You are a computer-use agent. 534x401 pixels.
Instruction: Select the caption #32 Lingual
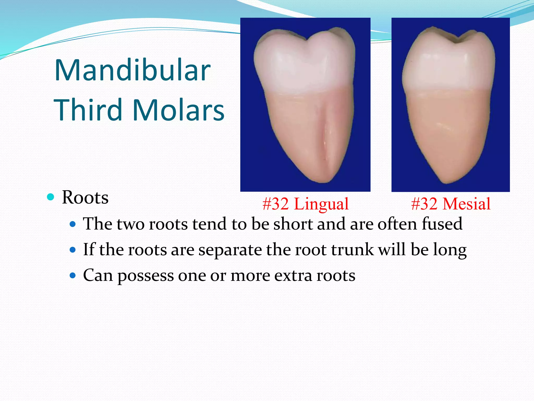306,204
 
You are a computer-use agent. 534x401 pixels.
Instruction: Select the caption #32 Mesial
451,204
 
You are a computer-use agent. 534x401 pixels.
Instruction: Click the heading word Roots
85,197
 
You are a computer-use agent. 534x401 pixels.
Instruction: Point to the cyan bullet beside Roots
51,197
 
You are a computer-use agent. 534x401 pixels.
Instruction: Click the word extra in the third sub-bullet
293,275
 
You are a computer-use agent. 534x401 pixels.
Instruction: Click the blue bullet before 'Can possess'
73,275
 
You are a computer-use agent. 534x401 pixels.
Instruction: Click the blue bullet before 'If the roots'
73,250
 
